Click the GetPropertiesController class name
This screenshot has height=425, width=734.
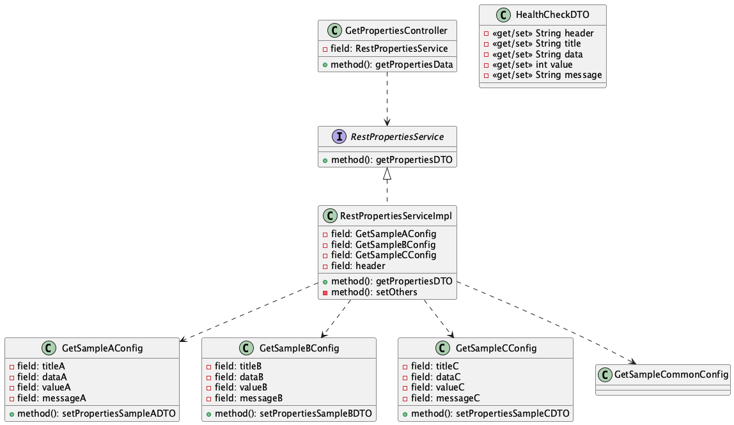396,30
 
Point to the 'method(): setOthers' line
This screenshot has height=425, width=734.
374,292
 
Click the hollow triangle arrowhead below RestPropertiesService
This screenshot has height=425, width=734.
387,173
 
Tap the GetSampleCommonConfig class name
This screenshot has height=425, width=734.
672,374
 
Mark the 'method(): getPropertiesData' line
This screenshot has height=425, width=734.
392,65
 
